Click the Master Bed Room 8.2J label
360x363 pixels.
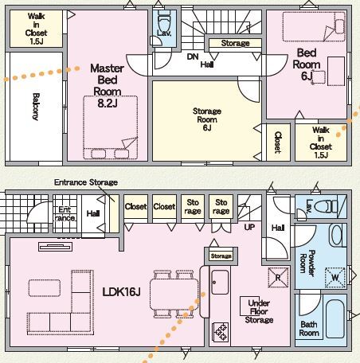(108, 85)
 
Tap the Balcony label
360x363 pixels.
(36, 107)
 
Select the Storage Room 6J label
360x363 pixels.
(207, 119)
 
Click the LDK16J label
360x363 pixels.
(121, 292)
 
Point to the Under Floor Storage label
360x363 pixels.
(259, 311)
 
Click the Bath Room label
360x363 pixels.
(309, 329)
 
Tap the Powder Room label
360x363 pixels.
(307, 263)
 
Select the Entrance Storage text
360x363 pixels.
(86, 182)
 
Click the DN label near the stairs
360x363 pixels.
(193, 57)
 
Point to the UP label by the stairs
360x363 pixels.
(249, 227)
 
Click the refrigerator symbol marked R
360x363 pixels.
(278, 278)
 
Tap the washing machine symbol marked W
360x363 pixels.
(335, 278)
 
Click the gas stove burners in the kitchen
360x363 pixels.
(221, 331)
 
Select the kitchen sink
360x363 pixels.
(220, 282)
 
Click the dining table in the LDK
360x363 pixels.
(174, 295)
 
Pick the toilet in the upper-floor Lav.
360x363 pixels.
(164, 22)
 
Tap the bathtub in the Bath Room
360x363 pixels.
(335, 318)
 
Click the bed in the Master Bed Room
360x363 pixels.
(110, 127)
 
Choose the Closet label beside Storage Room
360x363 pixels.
(277, 142)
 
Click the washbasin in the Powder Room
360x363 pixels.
(337, 235)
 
